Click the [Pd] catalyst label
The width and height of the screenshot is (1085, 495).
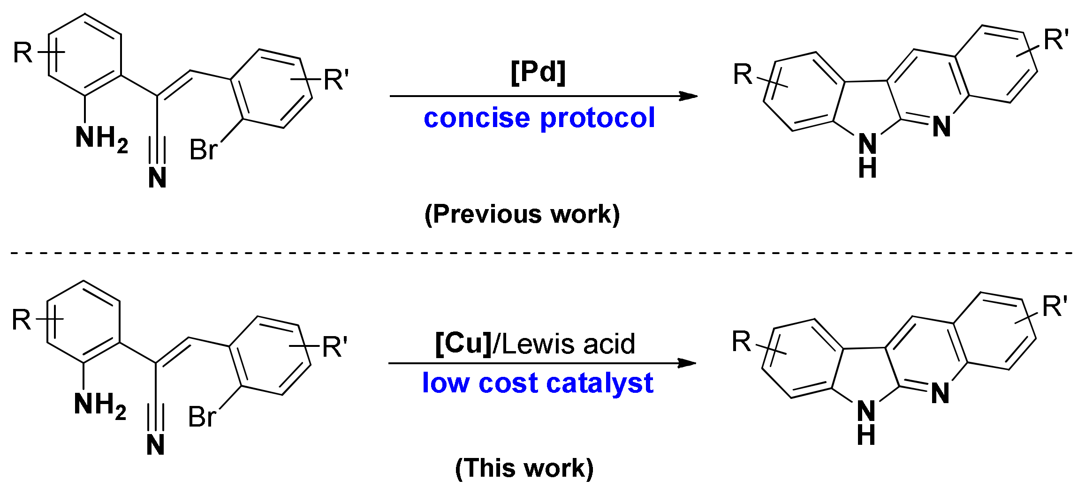tap(538, 73)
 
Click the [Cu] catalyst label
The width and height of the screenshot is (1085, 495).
tap(463, 344)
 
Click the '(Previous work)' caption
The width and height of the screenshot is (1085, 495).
tap(522, 215)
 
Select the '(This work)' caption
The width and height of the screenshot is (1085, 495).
tap(524, 468)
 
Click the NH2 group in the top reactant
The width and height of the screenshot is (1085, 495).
tap(101, 139)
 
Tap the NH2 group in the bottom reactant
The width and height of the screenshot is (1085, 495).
tap(99, 405)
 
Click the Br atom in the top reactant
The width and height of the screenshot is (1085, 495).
tap(203, 150)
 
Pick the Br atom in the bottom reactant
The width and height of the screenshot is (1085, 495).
tap(201, 417)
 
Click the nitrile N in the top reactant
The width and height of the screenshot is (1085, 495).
tap(157, 178)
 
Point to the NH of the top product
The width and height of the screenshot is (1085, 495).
tap(867, 155)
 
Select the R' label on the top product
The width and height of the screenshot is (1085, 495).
tap(1055, 39)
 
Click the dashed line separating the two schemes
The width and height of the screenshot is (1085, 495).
tap(539, 253)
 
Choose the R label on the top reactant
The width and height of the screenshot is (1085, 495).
tap(23, 52)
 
